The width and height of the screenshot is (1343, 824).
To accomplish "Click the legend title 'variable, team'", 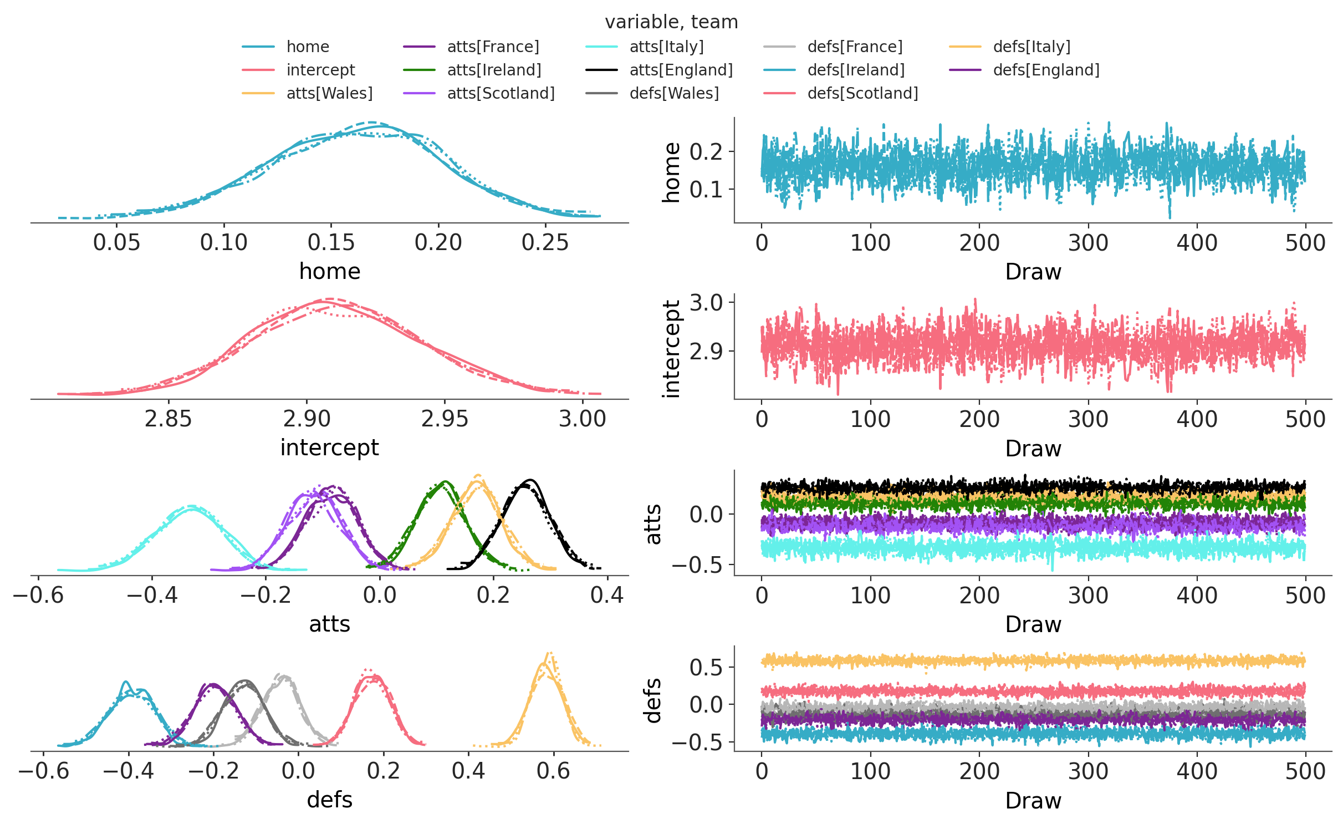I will coord(671,22).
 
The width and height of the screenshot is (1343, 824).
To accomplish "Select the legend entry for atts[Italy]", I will coord(666,47).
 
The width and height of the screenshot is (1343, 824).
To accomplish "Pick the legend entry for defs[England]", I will coord(1046,70).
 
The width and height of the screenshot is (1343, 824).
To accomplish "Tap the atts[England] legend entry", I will coord(681,70).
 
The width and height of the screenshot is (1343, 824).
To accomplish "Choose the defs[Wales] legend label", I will coord(674,93).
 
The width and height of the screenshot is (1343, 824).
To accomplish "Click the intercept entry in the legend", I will coord(320,70).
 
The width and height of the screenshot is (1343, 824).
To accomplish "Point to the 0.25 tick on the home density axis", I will coord(545,242).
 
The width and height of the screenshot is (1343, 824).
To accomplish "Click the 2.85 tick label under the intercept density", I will coord(168,419).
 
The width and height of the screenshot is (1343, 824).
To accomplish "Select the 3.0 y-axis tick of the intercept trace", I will coord(706,303).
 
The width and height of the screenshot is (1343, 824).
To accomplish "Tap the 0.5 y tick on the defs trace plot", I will coord(706,667).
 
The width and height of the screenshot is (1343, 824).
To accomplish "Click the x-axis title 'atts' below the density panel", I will coord(329,624).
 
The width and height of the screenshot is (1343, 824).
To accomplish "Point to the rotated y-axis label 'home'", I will coord(671,172).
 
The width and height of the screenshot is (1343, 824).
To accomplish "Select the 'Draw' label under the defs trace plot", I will coord(1033,801).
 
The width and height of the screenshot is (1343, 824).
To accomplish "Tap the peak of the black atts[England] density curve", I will coord(530,480).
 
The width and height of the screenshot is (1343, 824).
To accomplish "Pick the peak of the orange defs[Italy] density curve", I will coord(549,654).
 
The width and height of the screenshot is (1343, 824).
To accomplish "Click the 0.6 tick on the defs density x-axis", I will coord(553,771).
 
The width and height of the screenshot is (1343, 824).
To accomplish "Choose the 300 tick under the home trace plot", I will coord(1087,242).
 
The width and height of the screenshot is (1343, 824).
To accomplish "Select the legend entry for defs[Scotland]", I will coord(862,93).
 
